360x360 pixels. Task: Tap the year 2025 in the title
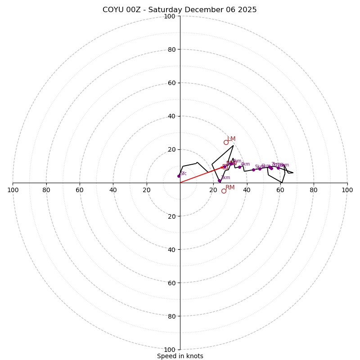click(x=247, y=10)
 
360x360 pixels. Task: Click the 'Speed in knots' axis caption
click(x=180, y=356)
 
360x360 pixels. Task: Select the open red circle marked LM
click(x=226, y=142)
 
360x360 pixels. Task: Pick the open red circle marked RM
click(x=224, y=191)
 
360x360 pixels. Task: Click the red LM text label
click(x=231, y=139)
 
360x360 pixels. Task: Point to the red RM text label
click(x=230, y=187)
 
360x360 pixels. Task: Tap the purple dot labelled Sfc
click(x=179, y=176)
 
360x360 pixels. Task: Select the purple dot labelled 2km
click(x=219, y=180)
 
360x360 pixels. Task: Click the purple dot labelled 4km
click(x=239, y=167)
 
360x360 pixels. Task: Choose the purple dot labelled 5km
click(x=253, y=170)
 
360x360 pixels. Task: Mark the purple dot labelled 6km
click(x=260, y=169)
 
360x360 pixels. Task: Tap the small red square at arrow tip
click(x=225, y=166)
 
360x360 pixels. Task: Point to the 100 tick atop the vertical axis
click(x=169, y=16)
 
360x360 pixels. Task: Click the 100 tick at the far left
click(x=13, y=190)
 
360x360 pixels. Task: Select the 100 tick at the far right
click(x=347, y=190)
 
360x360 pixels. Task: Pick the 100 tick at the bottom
click(x=169, y=349)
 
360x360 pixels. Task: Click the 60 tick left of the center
click(x=80, y=190)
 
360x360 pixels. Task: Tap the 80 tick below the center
click(x=171, y=316)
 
